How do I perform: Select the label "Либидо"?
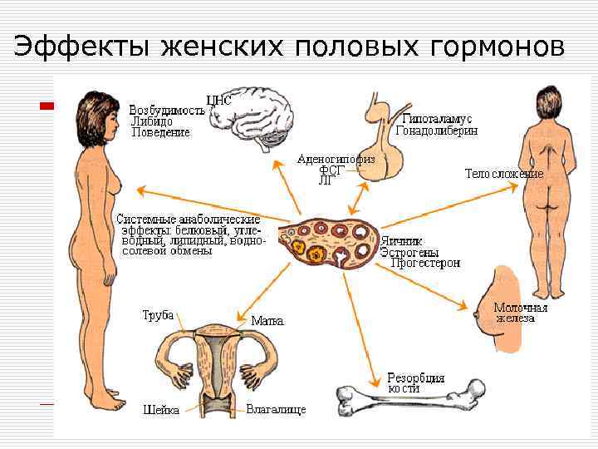152,121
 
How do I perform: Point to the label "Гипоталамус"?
444,119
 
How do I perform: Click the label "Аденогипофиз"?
336,158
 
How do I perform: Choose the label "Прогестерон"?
425,263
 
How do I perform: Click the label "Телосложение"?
504,175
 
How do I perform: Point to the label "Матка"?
267,319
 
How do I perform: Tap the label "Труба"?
158,315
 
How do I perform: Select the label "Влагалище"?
277,410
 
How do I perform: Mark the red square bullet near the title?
48,106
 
